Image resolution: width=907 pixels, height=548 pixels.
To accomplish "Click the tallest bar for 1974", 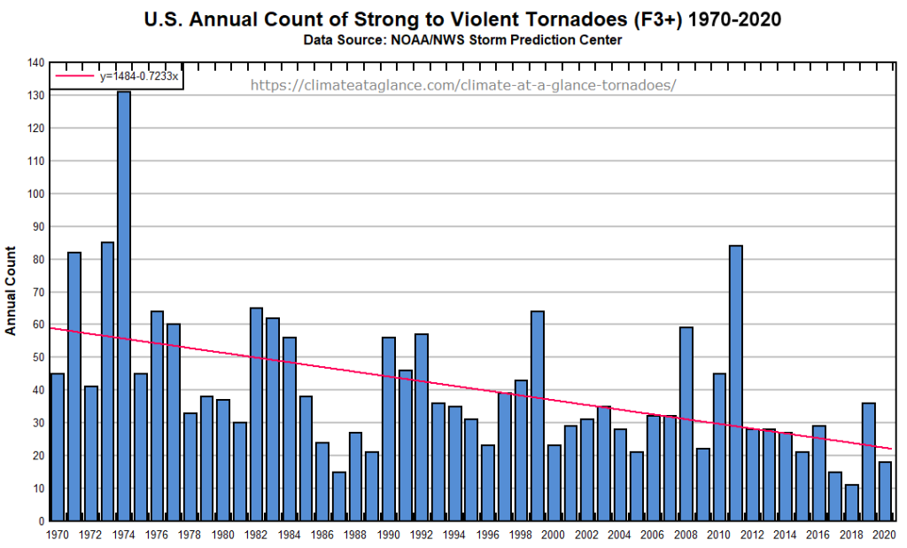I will click(x=123, y=306).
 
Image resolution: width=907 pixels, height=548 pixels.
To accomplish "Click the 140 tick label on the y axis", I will click(x=35, y=63).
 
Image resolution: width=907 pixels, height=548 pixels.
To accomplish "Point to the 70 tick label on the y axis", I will click(x=38, y=292).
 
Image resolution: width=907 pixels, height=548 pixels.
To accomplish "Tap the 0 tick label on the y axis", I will click(x=41, y=521).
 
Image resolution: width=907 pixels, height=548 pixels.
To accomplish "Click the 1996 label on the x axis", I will click(x=488, y=535).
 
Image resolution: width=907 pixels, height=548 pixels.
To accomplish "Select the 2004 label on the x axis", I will click(x=620, y=535).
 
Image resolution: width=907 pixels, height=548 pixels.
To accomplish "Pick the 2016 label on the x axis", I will click(x=818, y=535).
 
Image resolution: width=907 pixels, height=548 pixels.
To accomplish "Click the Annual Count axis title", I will click(x=12, y=291).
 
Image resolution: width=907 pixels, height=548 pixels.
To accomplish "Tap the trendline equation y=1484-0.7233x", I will click(x=138, y=76).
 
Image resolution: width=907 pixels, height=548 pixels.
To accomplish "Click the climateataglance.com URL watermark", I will click(x=463, y=86).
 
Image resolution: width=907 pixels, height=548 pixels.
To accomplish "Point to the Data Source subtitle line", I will click(x=463, y=40).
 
